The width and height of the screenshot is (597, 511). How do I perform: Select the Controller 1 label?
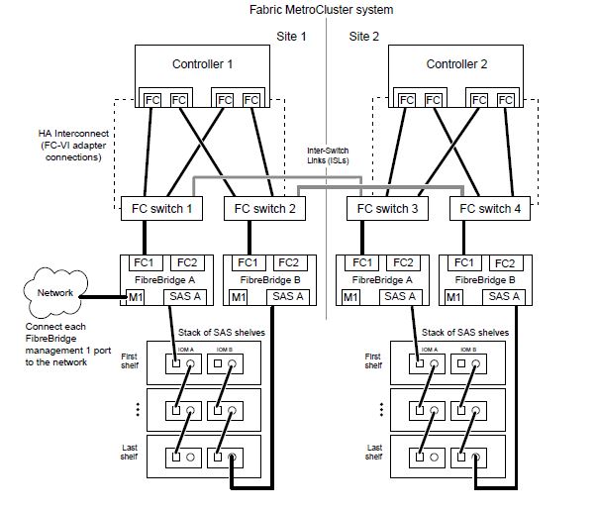203,64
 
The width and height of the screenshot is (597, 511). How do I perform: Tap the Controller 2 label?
456,64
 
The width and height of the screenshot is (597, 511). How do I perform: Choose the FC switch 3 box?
387,209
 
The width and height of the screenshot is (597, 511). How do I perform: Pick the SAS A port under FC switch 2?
287,296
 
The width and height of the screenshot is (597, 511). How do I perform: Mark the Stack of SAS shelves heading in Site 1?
216,333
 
